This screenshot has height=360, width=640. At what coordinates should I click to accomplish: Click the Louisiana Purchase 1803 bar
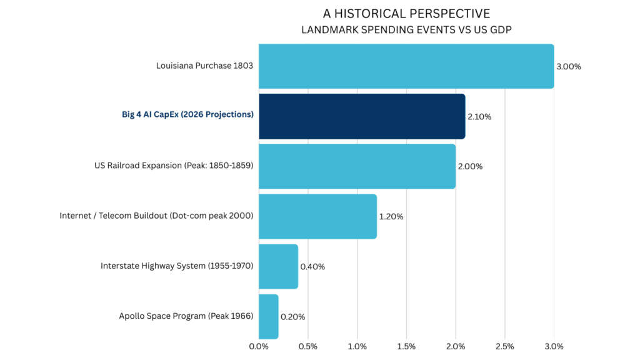pos(406,66)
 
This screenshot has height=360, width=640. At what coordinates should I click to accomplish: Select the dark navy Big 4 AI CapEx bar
pos(362,116)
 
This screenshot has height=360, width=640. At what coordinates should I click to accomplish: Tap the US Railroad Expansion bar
pos(357,166)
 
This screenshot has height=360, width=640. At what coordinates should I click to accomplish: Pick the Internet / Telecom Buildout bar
pos(317,216)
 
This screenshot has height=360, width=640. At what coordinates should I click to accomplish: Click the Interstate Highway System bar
pos(278,266)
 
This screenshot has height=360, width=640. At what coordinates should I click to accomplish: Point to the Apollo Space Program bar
pos(268,316)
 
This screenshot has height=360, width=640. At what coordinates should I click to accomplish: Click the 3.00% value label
pos(569,66)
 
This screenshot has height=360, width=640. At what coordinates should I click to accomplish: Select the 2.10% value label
pos(479,116)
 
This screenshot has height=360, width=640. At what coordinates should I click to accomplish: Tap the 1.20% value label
pos(391,216)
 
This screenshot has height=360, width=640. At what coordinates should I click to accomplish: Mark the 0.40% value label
pos(312,266)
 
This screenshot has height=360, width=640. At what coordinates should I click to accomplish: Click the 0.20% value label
pos(292,316)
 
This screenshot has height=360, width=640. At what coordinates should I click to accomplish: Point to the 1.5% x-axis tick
pos(406,346)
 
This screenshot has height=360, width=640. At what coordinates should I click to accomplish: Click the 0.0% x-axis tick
pos(259,346)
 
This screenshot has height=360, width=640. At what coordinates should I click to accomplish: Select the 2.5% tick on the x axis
pos(504,346)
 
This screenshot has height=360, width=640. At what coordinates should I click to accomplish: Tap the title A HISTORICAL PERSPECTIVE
pos(406,14)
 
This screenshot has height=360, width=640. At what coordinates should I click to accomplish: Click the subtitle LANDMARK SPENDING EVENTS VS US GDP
pos(406,29)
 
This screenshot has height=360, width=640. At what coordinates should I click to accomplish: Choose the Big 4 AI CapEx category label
pos(187,115)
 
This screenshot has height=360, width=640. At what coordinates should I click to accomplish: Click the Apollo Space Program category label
pos(186,316)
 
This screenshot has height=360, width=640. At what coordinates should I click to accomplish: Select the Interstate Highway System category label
pos(177,266)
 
